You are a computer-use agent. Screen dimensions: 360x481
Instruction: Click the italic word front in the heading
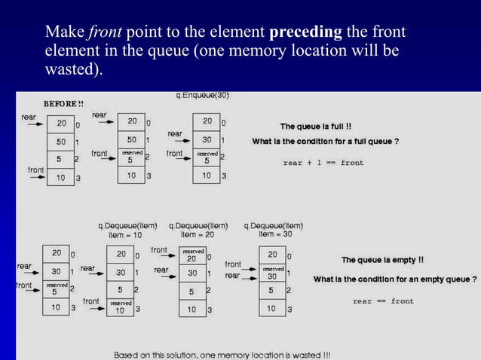coord(106,33)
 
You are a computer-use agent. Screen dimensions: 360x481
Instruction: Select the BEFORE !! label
coord(63,103)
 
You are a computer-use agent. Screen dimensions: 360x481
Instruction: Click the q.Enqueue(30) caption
coord(202,96)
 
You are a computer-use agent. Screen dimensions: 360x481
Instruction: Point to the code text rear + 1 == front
coord(323,163)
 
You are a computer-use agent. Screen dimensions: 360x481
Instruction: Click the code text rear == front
coord(383,301)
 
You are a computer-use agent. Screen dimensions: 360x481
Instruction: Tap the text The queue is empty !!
coord(382,260)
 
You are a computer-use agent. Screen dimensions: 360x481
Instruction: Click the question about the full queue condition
coord(325,142)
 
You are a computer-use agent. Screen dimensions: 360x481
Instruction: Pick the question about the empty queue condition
coord(395,279)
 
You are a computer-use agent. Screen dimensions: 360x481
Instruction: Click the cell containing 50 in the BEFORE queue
coord(60,141)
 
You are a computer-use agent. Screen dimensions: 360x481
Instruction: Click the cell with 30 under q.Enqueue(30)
coord(207,140)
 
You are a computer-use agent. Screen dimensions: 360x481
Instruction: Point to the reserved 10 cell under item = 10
coord(121,307)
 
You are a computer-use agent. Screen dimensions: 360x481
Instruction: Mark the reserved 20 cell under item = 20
coord(194,255)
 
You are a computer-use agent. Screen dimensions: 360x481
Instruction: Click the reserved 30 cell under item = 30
coord(273,273)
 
